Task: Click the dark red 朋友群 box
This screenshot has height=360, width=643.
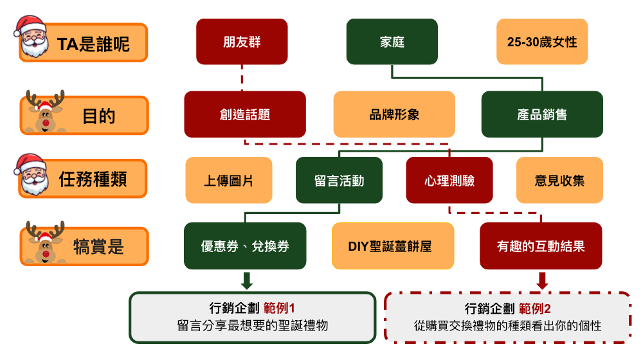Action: [x=242, y=42]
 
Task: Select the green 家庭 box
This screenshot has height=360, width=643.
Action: [x=392, y=42]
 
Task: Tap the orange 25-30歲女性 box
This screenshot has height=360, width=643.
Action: [x=542, y=42]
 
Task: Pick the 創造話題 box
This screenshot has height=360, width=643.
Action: [x=245, y=114]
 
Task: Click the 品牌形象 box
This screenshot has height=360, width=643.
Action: [x=394, y=114]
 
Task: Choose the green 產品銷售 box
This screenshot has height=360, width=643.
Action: [x=542, y=114]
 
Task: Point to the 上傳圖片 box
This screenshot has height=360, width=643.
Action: [x=229, y=181]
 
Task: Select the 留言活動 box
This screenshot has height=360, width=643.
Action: [x=340, y=181]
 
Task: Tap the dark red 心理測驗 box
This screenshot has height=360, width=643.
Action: [x=449, y=181]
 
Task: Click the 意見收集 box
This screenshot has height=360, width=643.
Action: [x=560, y=181]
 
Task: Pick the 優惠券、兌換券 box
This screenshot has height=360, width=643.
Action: [x=245, y=246]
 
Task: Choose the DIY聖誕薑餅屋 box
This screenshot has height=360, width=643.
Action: [x=393, y=246]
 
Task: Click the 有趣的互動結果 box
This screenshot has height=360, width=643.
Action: [x=541, y=246]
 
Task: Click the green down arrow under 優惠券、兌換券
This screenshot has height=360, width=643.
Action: [x=246, y=280]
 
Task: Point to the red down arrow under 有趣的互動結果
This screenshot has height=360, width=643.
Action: [x=542, y=280]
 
